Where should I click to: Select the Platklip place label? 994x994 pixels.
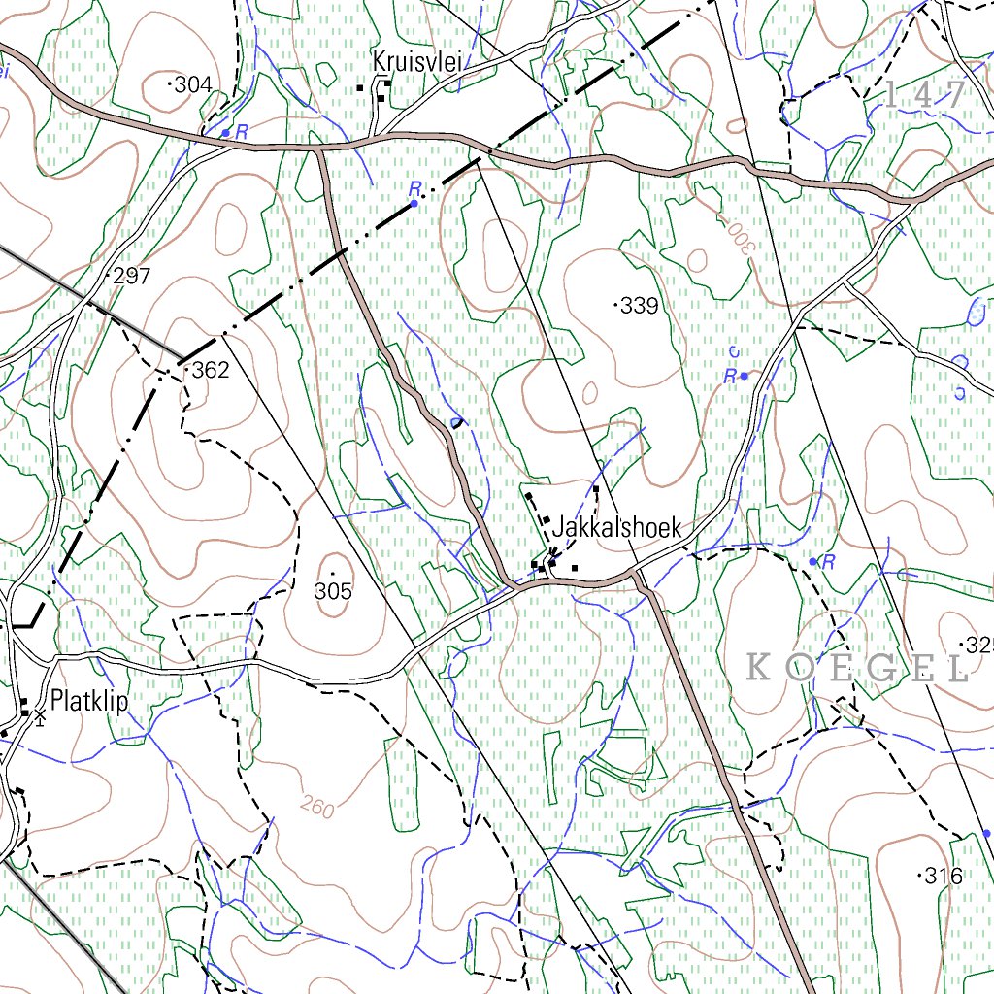pyautogui.click(x=90, y=700)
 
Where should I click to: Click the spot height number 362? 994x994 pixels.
pyautogui.click(x=210, y=370)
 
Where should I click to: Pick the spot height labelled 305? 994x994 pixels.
pyautogui.click(x=333, y=590)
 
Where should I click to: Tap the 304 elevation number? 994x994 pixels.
pyautogui.click(x=193, y=85)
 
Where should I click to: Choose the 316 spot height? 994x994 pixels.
pyautogui.click(x=943, y=877)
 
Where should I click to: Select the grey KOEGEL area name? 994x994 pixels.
pyautogui.click(x=858, y=668)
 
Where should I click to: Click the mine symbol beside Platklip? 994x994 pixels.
pyautogui.click(x=40, y=715)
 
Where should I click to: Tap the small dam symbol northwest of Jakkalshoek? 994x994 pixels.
pyautogui.click(x=456, y=422)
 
